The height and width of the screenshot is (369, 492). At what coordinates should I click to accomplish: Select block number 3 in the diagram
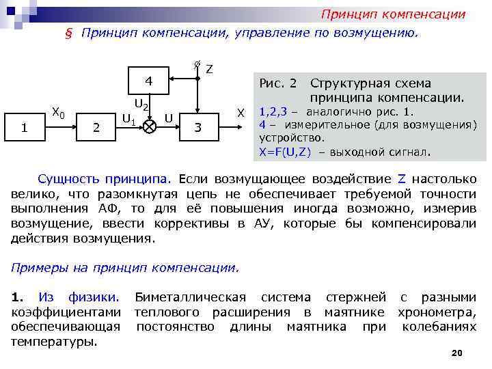click(197, 126)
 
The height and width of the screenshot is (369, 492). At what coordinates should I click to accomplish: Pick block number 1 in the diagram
click(24, 126)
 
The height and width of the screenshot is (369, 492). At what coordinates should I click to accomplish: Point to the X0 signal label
click(59, 113)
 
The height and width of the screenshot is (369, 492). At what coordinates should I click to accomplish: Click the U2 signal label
click(141, 105)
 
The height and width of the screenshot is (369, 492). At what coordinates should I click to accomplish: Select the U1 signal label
click(128, 120)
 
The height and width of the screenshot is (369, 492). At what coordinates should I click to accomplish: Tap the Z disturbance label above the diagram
click(209, 69)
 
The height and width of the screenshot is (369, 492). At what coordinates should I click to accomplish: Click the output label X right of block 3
click(240, 112)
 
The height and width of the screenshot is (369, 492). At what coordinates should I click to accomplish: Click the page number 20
click(457, 352)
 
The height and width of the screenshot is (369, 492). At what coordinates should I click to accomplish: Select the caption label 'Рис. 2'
click(278, 83)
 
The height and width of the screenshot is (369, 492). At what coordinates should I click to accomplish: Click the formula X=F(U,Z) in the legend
click(286, 152)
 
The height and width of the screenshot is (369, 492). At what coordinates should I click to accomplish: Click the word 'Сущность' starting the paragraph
click(69, 180)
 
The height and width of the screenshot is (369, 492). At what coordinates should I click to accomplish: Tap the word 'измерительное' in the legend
click(325, 125)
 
